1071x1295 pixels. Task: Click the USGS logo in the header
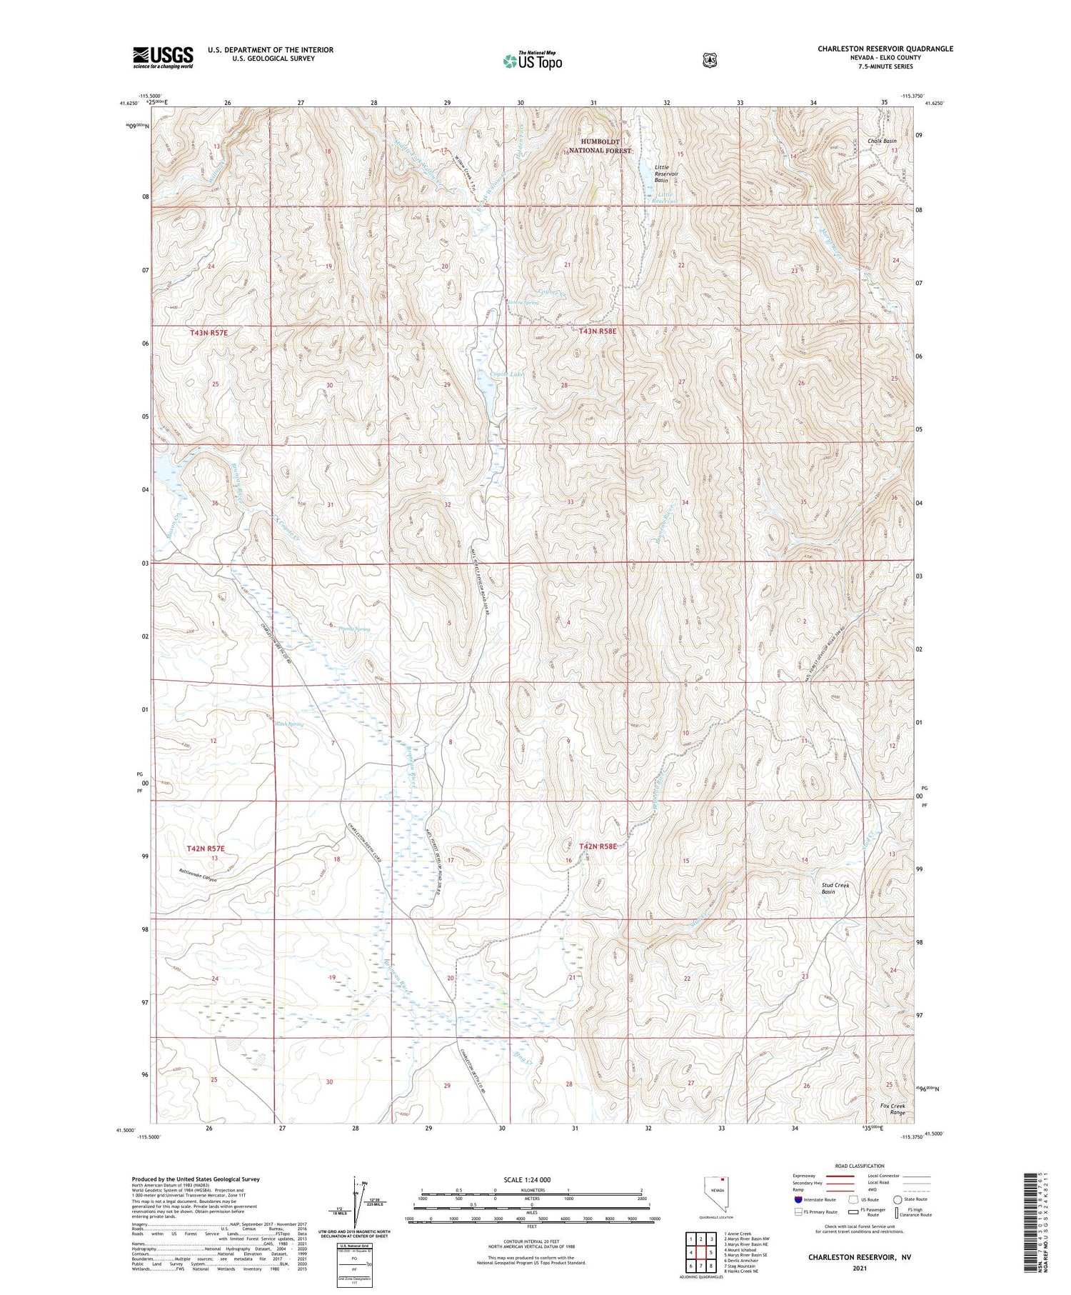coord(163,57)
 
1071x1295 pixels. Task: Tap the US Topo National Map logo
coord(533,61)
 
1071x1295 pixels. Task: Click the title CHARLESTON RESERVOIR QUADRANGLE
coord(885,49)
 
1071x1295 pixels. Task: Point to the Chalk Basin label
coord(882,141)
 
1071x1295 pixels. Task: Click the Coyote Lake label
coord(508,374)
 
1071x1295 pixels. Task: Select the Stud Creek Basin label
coord(835,888)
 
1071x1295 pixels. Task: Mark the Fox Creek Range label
coord(892,1109)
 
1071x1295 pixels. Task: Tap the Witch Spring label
coord(289,724)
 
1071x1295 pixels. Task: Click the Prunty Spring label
coord(355,629)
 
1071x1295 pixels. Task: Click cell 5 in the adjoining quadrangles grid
coord(711,1252)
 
